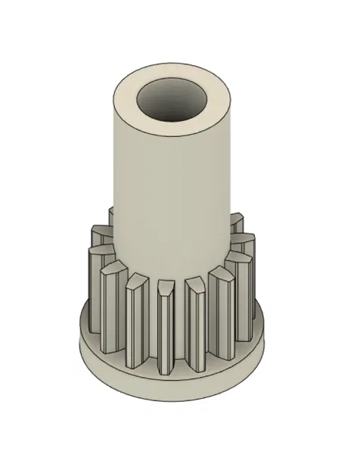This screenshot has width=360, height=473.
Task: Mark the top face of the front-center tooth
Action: [x=166, y=287]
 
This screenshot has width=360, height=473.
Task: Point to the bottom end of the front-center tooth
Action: [x=168, y=371]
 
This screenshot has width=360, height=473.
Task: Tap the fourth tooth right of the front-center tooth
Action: [x=244, y=254]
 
